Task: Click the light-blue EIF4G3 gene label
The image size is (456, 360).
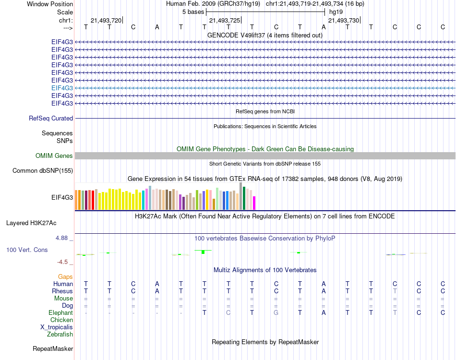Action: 62,88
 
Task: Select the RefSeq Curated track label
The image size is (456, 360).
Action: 51,118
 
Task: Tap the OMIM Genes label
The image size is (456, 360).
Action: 54,156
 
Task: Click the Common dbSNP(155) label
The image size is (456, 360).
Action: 43,170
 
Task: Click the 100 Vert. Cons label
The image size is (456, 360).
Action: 27,250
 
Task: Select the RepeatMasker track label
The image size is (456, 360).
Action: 53,348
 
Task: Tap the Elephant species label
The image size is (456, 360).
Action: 61,312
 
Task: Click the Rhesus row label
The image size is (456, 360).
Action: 62,291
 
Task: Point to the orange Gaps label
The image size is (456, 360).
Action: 65,276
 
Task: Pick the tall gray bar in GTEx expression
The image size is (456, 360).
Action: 241,196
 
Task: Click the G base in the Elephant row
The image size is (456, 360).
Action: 276,312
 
